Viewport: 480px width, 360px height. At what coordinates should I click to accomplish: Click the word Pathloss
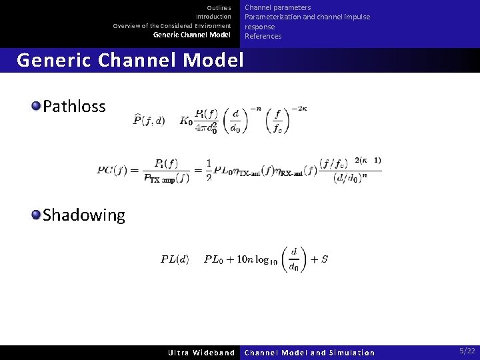pyautogui.click(x=74, y=106)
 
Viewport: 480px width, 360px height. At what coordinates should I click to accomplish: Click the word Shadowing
pyautogui.click(x=83, y=215)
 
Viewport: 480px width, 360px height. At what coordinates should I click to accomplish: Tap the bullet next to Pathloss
pyautogui.click(x=36, y=105)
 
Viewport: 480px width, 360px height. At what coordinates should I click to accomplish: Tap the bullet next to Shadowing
pyautogui.click(x=36, y=214)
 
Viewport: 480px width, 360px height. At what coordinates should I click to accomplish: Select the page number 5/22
pyautogui.click(x=467, y=351)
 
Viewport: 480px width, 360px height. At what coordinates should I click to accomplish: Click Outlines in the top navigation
pyautogui.click(x=219, y=7)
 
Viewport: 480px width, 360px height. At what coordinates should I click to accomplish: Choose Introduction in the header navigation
pyautogui.click(x=213, y=17)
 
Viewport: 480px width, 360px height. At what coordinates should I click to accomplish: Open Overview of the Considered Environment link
pyautogui.click(x=172, y=26)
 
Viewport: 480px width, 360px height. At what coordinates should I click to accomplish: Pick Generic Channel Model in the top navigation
pyautogui.click(x=192, y=35)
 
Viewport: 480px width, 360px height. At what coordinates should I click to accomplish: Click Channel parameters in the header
pyautogui.click(x=277, y=7)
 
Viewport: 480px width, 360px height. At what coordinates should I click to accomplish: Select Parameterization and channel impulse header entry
pyautogui.click(x=307, y=17)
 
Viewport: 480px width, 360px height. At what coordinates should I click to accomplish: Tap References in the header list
pyautogui.click(x=263, y=36)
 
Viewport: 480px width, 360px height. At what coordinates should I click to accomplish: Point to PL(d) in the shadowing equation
pyautogui.click(x=175, y=259)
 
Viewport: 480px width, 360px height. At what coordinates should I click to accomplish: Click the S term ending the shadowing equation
pyautogui.click(x=324, y=259)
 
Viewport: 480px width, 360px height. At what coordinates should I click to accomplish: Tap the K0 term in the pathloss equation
pyautogui.click(x=186, y=121)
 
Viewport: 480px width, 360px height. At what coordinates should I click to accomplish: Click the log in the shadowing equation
pyautogui.click(x=260, y=259)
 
